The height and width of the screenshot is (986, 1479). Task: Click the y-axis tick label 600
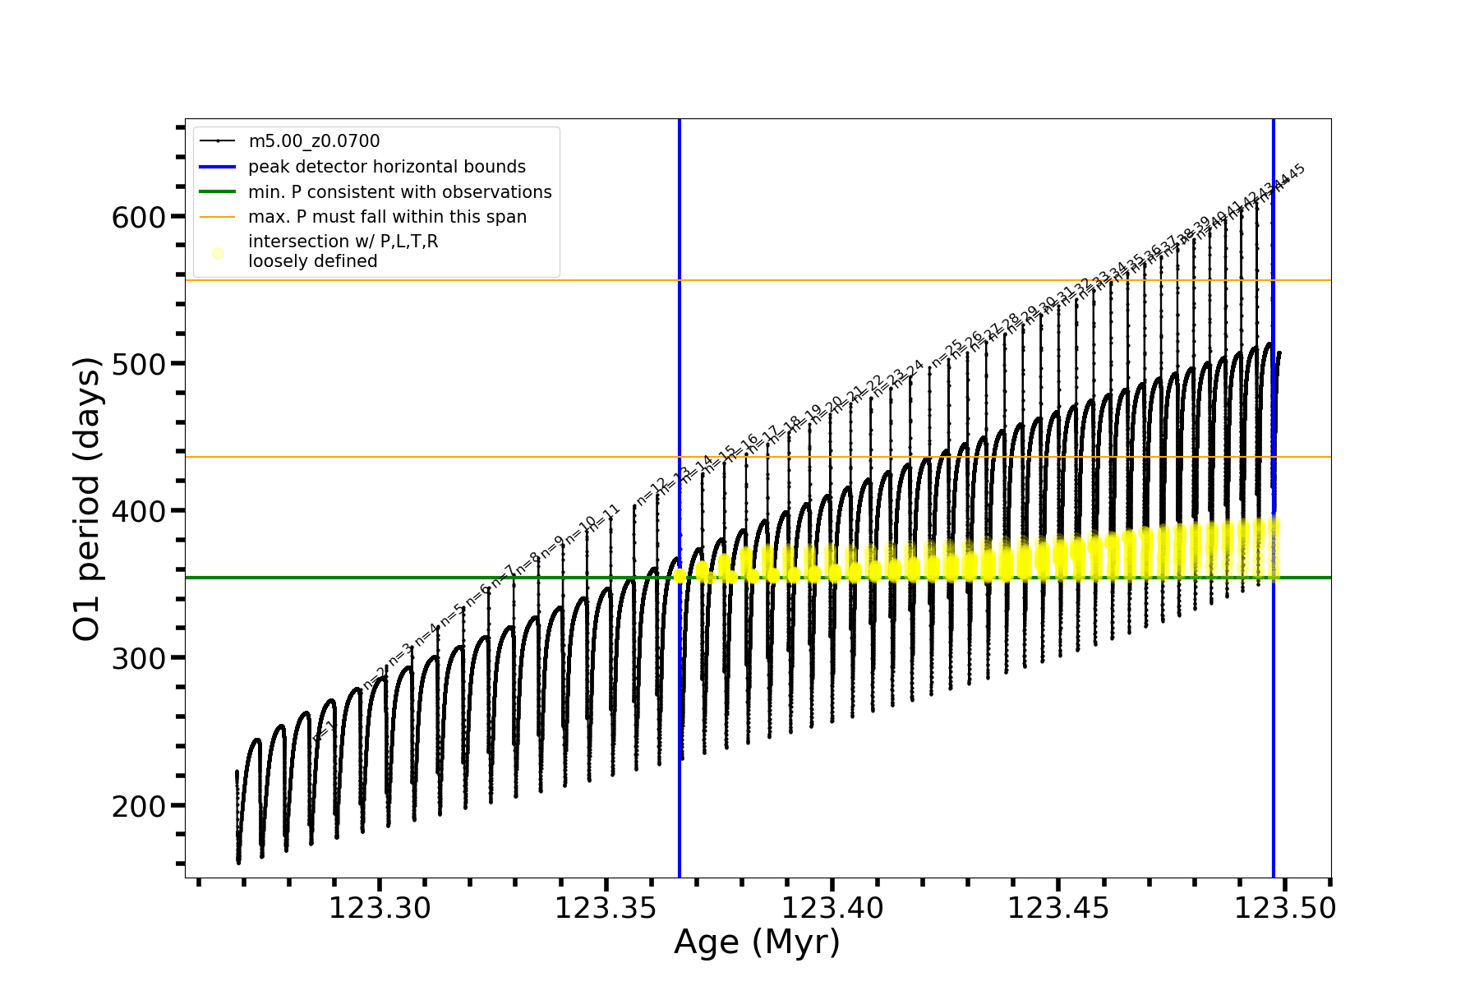(138, 217)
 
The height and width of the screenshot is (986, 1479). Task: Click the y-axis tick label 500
(138, 364)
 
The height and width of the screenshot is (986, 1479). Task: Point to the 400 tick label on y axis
(138, 511)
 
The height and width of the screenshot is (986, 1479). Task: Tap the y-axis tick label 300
(138, 658)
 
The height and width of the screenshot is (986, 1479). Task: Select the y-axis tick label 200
(138, 806)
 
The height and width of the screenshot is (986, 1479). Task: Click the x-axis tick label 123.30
(380, 909)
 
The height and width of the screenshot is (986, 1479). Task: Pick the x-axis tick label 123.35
(606, 909)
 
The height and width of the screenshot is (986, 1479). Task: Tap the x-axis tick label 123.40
(832, 909)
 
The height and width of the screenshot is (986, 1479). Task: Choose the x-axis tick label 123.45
(1058, 909)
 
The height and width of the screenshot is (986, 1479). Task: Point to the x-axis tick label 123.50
(1285, 909)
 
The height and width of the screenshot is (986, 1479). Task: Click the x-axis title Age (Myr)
(757, 942)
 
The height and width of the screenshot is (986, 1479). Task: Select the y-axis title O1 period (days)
(86, 499)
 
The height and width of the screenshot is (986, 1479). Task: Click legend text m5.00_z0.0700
(314, 141)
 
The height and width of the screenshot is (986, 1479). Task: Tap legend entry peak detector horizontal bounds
(387, 167)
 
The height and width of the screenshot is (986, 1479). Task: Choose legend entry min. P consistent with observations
(400, 192)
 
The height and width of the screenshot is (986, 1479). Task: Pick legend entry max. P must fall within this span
(387, 217)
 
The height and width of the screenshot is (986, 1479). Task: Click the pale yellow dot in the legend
(218, 253)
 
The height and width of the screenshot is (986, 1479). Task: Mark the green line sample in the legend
(218, 192)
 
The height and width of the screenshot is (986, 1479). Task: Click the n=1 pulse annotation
(324, 732)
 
